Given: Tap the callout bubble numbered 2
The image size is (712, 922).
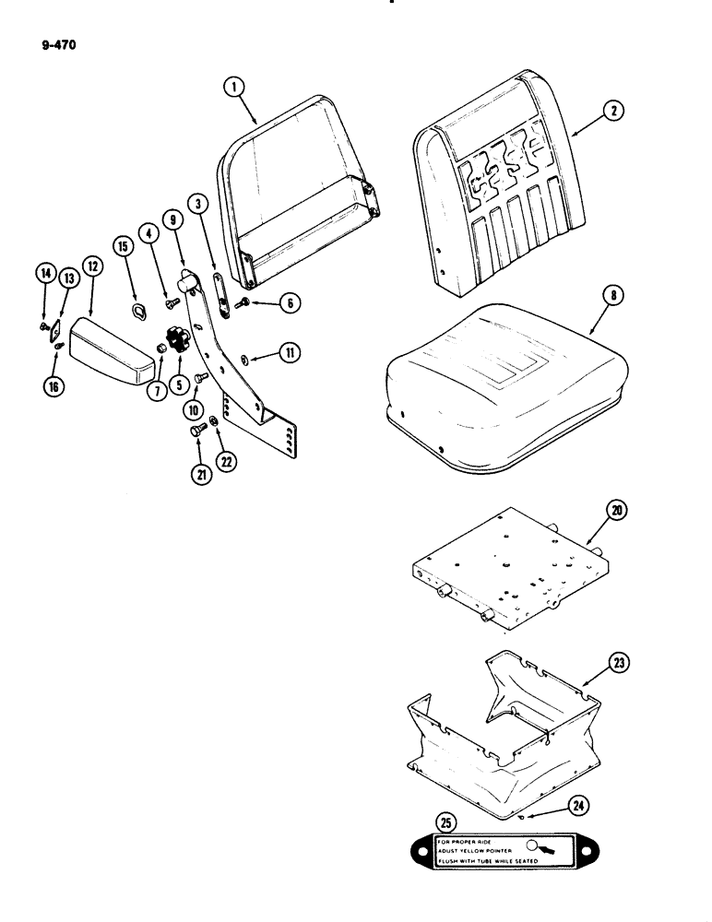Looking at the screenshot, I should [612, 112].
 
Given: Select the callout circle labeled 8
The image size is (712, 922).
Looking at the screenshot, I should [612, 298].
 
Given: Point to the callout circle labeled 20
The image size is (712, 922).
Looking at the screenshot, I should [612, 508].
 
